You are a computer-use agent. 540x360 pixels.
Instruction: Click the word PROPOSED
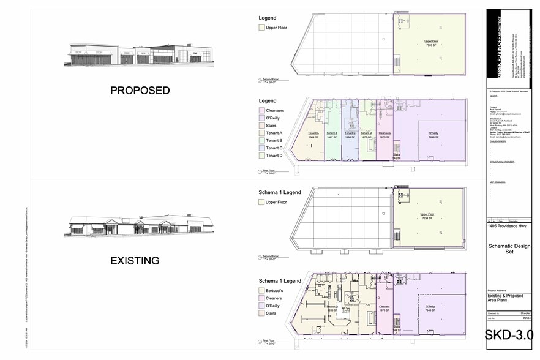pos(140,91)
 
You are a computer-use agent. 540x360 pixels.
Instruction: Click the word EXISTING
pos(135,261)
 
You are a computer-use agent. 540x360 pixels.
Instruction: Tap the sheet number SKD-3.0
pos(509,335)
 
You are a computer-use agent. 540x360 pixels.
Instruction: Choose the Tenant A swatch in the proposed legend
pos(261,133)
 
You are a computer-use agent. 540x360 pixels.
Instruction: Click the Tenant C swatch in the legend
pos(261,148)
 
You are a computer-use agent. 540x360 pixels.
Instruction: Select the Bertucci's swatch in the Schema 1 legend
pos(261,290)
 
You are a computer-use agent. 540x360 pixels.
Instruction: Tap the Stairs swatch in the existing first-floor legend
pos(261,313)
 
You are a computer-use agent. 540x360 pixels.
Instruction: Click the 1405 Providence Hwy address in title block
pos(508,226)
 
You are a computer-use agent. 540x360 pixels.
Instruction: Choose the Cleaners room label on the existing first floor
pos(384,307)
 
